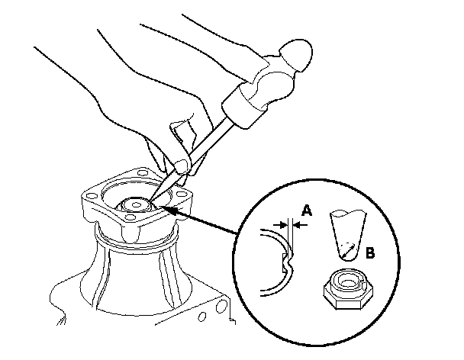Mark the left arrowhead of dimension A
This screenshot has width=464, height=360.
pyautogui.click(x=284, y=224)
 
